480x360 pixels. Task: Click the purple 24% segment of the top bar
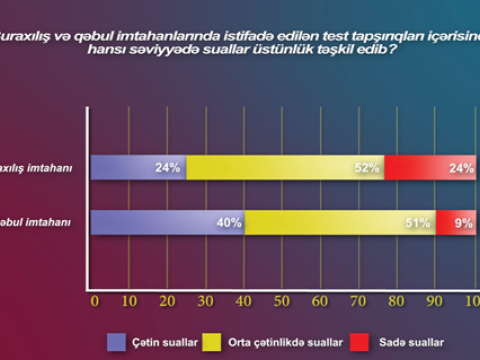point(137,168)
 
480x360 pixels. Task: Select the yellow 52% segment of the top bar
point(285,168)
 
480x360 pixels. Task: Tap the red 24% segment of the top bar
point(430,168)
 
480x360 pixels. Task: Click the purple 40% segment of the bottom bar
point(167,223)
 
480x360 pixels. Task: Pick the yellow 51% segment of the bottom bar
point(340,223)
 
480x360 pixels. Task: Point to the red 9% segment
point(456,223)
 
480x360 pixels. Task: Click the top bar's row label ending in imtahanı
point(36,168)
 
